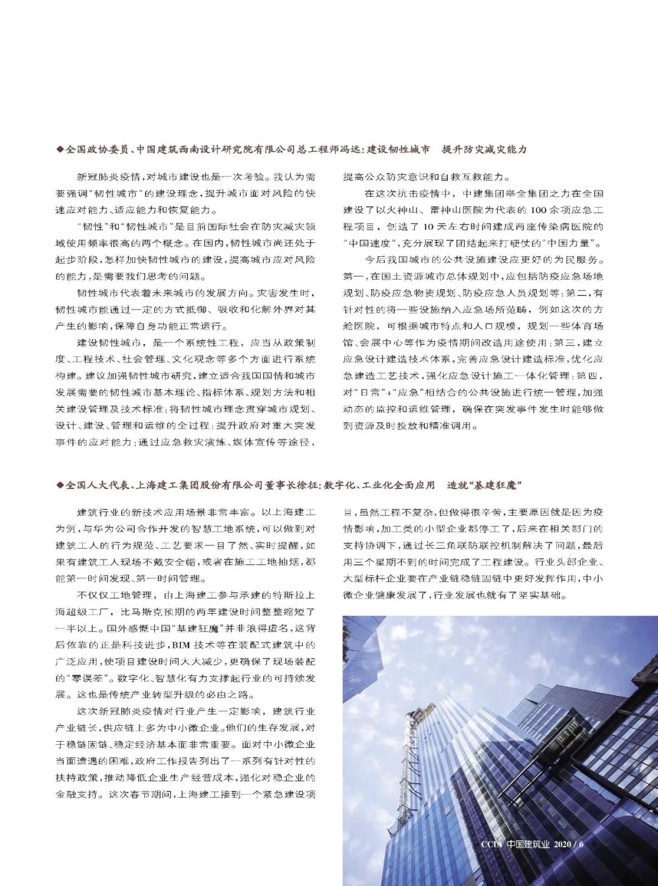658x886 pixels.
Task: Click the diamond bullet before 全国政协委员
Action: pos(60,149)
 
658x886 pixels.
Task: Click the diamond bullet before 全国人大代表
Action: pos(60,485)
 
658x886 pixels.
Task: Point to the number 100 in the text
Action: pos(539,210)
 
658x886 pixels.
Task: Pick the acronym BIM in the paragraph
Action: pos(181,645)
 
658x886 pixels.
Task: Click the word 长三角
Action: pos(442,546)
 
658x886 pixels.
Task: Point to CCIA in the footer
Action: pos(490,844)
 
